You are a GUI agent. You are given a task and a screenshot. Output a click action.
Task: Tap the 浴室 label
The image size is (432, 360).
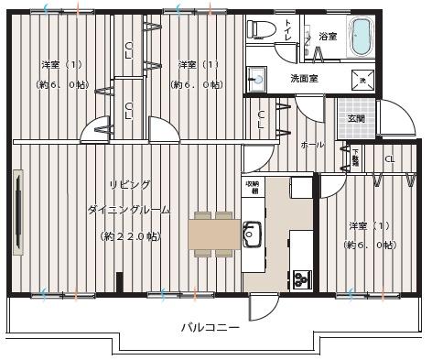tap(328, 37)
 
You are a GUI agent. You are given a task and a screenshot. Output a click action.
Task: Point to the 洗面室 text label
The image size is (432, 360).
tap(304, 79)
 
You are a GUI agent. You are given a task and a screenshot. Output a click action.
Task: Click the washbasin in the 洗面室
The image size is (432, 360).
tap(256, 80)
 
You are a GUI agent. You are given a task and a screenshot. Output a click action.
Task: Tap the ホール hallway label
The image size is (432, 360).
tap(312, 145)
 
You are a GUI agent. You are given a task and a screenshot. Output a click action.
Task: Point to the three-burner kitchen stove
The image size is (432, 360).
tap(300, 276)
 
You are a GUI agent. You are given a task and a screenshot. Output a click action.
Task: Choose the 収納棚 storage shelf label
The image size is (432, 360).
tap(251, 189)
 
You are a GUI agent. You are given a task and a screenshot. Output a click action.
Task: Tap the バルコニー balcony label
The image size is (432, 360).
tap(210, 327)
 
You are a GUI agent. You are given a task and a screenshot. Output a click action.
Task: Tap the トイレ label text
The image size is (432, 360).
tap(289, 31)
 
